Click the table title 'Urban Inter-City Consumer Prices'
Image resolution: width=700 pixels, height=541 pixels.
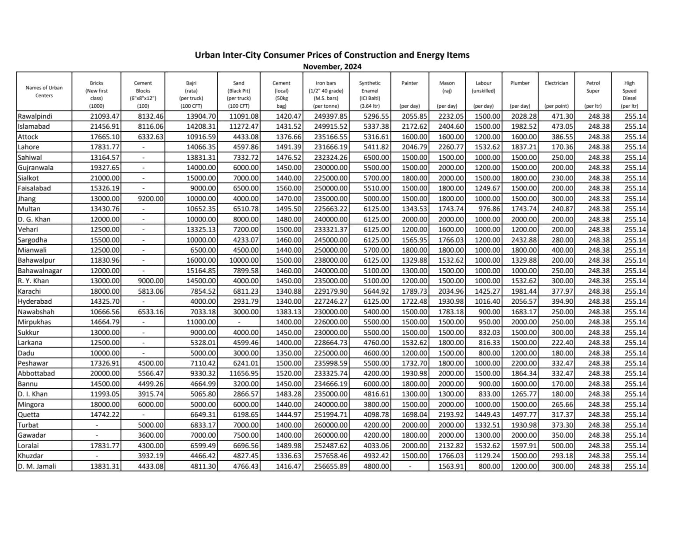(332, 55)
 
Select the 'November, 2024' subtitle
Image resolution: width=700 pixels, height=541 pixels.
(332, 67)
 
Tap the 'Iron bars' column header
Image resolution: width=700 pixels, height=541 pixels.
(326, 83)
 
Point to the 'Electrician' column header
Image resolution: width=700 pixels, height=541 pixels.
(556, 83)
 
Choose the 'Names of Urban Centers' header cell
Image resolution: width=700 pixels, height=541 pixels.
(44, 91)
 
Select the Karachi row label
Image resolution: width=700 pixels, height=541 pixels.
(29, 292)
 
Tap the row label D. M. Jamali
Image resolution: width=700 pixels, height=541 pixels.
(37, 467)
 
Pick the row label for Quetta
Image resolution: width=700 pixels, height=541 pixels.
(28, 415)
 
